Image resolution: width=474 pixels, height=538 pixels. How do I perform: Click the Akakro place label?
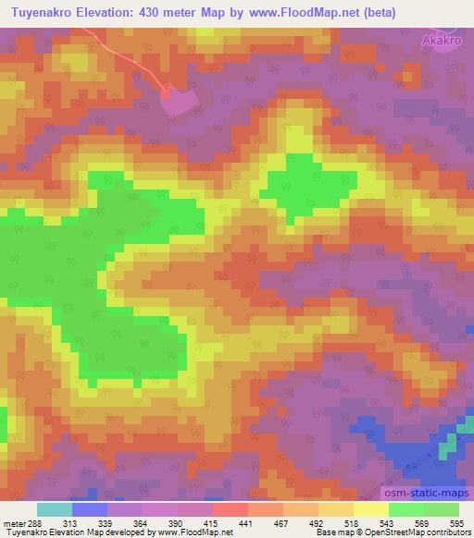pos(441,41)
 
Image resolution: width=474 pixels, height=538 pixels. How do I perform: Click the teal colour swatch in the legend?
pos(56,509)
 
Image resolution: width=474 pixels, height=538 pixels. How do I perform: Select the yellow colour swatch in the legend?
pos(371,509)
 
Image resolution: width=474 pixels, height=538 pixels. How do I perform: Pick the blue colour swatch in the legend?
pos(91,509)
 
